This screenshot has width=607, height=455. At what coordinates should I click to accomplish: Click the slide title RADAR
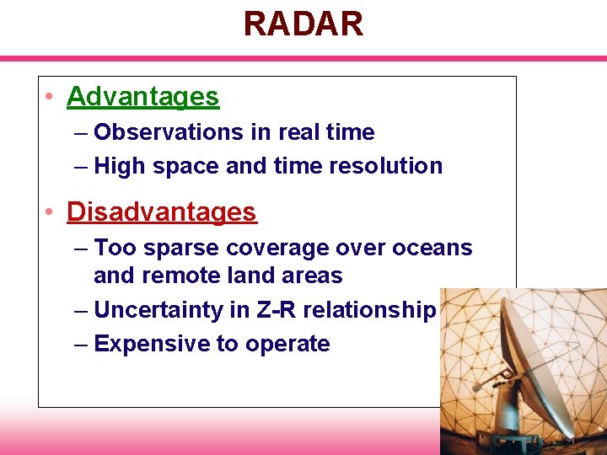tap(303, 24)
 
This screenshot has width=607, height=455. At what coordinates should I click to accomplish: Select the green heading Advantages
tap(142, 97)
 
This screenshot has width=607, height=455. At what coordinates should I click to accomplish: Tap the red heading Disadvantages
tap(161, 211)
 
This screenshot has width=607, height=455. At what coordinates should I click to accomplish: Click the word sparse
tap(174, 248)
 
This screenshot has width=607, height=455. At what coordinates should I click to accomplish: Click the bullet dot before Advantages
tap(51, 98)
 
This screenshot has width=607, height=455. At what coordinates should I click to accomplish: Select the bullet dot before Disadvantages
tap(51, 212)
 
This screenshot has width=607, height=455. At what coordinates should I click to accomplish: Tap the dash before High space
tap(80, 167)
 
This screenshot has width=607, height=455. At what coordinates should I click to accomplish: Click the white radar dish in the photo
tap(540, 371)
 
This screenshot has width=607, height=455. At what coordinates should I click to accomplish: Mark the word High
tap(119, 166)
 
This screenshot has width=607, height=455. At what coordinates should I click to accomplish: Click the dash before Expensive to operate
tap(80, 345)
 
